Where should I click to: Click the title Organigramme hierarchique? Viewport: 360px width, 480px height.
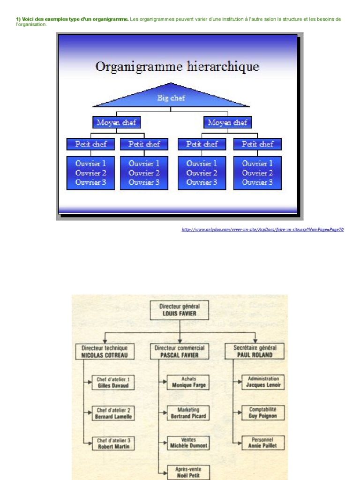pyautogui.click(x=177, y=67)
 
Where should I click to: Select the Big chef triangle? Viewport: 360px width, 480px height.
pyautogui.click(x=171, y=97)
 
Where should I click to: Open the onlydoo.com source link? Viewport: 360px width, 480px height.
pyautogui.click(x=262, y=230)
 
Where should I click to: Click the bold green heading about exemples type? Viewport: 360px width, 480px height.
pyautogui.click(x=72, y=19)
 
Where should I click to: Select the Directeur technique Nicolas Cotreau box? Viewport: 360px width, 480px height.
pyautogui.click(x=105, y=352)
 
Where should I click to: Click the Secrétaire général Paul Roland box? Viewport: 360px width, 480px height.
pyautogui.click(x=255, y=352)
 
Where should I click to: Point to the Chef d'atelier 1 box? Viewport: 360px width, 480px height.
pyautogui.click(x=113, y=382)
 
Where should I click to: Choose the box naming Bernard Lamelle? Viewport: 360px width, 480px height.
pyautogui.click(x=113, y=413)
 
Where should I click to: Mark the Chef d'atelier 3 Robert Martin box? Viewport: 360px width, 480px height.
pyautogui.click(x=113, y=443)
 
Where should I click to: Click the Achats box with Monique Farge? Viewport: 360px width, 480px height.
pyautogui.click(x=188, y=382)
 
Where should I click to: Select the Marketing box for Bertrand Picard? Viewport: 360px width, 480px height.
pyautogui.click(x=188, y=413)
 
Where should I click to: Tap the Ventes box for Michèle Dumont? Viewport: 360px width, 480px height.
pyautogui.click(x=188, y=443)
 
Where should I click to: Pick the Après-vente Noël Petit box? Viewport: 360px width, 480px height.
pyautogui.click(x=188, y=472)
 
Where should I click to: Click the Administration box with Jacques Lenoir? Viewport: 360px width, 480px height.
pyautogui.click(x=263, y=382)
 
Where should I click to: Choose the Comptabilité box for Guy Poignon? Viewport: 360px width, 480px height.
pyautogui.click(x=263, y=412)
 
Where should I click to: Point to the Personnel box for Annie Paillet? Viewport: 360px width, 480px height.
pyautogui.click(x=263, y=443)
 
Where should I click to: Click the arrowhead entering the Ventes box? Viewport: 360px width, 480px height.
pyautogui.click(x=165, y=443)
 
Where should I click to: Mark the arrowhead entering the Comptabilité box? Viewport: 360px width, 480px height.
pyautogui.click(x=240, y=412)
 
